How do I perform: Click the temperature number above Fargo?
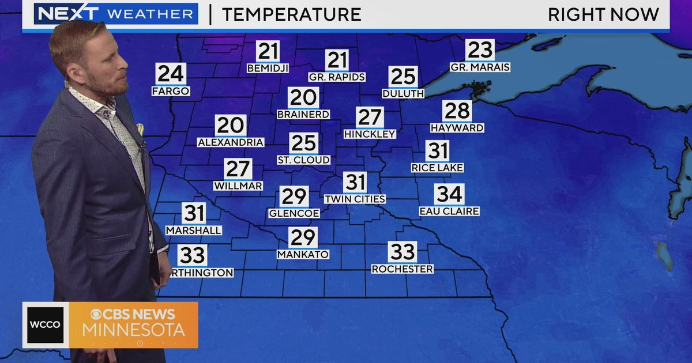[x=171, y=74]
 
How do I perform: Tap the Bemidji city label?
[x=268, y=68]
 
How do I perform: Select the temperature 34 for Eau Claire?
[x=449, y=195]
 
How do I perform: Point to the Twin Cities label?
[x=355, y=199]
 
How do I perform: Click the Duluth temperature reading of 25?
[x=403, y=77]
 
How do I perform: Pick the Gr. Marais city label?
[x=480, y=67]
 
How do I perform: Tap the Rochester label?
[x=402, y=269]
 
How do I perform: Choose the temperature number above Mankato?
[x=303, y=237]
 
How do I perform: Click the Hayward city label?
[x=457, y=128]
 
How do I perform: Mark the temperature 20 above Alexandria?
[x=231, y=126]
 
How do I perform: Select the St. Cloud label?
[x=303, y=160]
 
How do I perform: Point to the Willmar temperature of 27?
[x=238, y=169]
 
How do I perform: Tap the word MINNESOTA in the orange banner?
[x=133, y=330]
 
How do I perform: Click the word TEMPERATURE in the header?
[x=291, y=14]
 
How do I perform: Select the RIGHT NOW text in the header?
[x=603, y=14]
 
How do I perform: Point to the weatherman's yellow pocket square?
[x=140, y=129]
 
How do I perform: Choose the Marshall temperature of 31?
[x=194, y=213]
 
